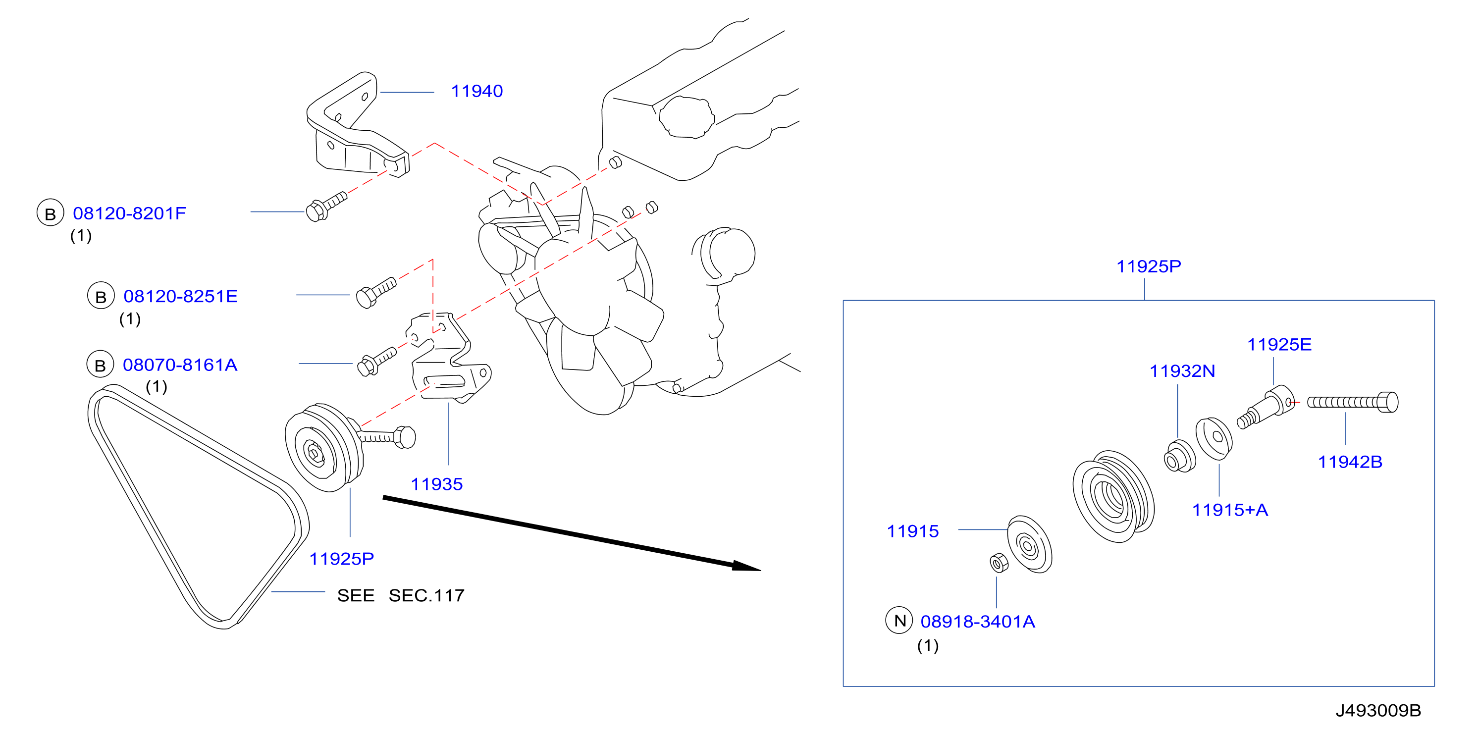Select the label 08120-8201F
129,213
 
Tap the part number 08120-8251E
180,296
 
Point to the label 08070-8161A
180,365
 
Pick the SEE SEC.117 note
401,595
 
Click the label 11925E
1279,345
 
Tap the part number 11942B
1350,462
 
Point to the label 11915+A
1229,510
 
